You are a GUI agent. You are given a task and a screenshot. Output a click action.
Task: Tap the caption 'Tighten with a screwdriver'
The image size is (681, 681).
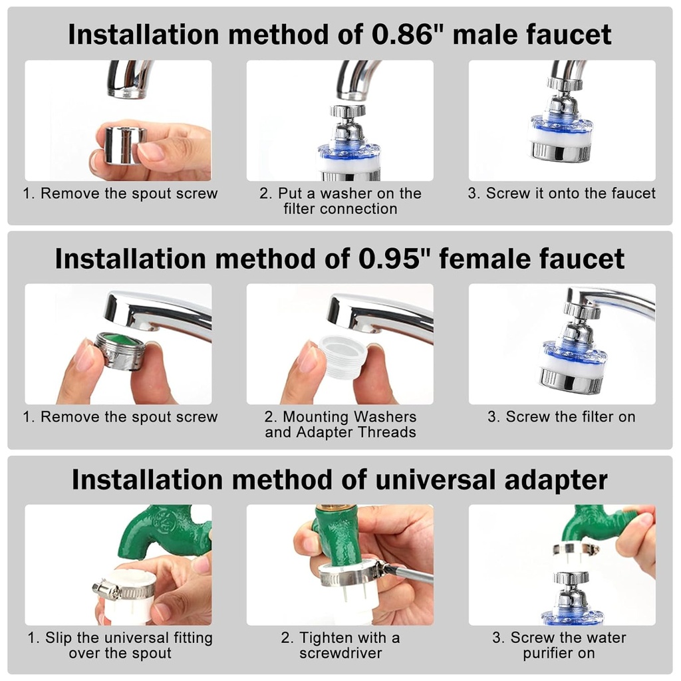pos(340,645)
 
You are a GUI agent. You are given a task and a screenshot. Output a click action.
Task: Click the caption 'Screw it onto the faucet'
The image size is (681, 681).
pos(561,194)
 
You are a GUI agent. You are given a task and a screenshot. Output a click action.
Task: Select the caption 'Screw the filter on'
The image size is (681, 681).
pos(561,417)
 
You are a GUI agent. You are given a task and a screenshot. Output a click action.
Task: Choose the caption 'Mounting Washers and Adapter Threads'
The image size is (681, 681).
pos(340,424)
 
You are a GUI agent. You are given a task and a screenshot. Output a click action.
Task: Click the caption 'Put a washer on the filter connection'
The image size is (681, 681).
pos(340,201)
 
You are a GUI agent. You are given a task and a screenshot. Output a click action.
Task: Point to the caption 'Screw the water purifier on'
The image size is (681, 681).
pos(559,645)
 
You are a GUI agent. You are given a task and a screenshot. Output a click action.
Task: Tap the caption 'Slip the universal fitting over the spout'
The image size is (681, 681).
pos(120,645)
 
